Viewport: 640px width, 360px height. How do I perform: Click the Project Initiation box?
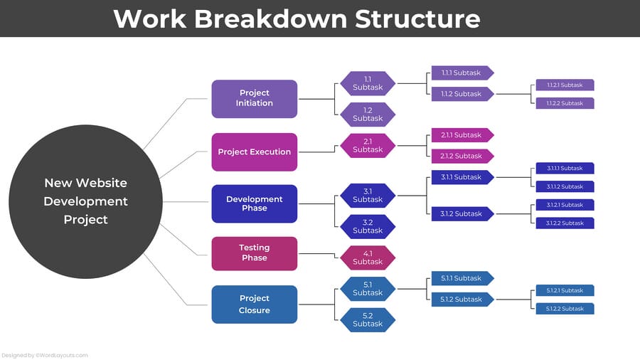(254, 98)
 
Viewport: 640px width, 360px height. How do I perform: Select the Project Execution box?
(254, 152)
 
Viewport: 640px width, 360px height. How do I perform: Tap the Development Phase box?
(254, 203)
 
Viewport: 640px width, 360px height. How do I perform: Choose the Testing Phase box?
(254, 253)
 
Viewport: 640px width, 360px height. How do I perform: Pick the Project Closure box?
(254, 305)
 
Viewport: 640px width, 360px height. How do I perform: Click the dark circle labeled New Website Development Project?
(85, 201)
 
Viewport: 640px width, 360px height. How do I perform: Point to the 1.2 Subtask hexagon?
(368, 115)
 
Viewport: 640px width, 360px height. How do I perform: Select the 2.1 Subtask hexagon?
(368, 146)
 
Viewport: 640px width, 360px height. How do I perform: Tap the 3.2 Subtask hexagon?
(368, 226)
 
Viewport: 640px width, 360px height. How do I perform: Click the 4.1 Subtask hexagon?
(368, 258)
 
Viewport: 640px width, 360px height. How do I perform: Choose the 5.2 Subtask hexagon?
(368, 319)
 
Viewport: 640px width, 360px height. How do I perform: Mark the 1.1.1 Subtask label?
(462, 73)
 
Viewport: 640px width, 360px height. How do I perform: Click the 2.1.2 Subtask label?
(462, 156)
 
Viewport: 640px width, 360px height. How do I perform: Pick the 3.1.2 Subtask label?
(462, 213)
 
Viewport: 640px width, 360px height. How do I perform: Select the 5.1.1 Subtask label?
(462, 278)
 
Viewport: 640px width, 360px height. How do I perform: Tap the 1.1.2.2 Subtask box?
(565, 103)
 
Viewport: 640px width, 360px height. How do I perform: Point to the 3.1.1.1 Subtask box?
(565, 169)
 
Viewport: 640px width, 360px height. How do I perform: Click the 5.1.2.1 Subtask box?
(565, 290)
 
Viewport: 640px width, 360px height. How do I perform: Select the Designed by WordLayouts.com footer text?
(44, 355)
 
